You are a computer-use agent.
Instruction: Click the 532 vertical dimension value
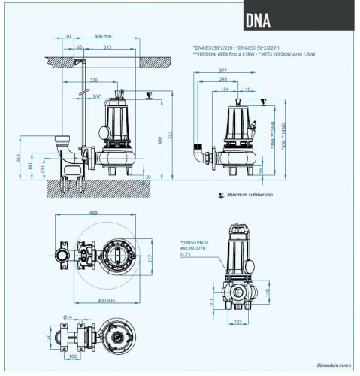click(x=170, y=135)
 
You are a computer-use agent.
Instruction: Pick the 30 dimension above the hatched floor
click(x=150, y=177)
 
